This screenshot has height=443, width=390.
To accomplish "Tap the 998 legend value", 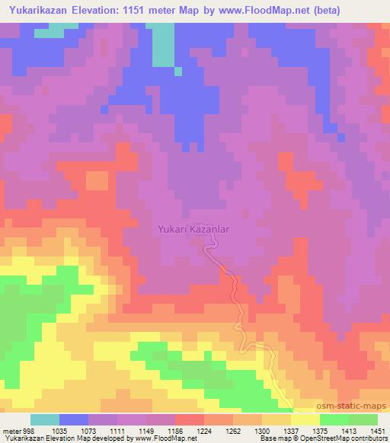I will [x=27, y=429].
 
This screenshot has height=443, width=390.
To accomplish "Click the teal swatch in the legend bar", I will [x=45, y=419].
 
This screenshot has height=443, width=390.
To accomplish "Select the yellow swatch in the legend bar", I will [x=305, y=419].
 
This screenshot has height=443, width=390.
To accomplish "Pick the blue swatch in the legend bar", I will [x=74, y=419].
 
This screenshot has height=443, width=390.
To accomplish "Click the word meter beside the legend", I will [x=10, y=429].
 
